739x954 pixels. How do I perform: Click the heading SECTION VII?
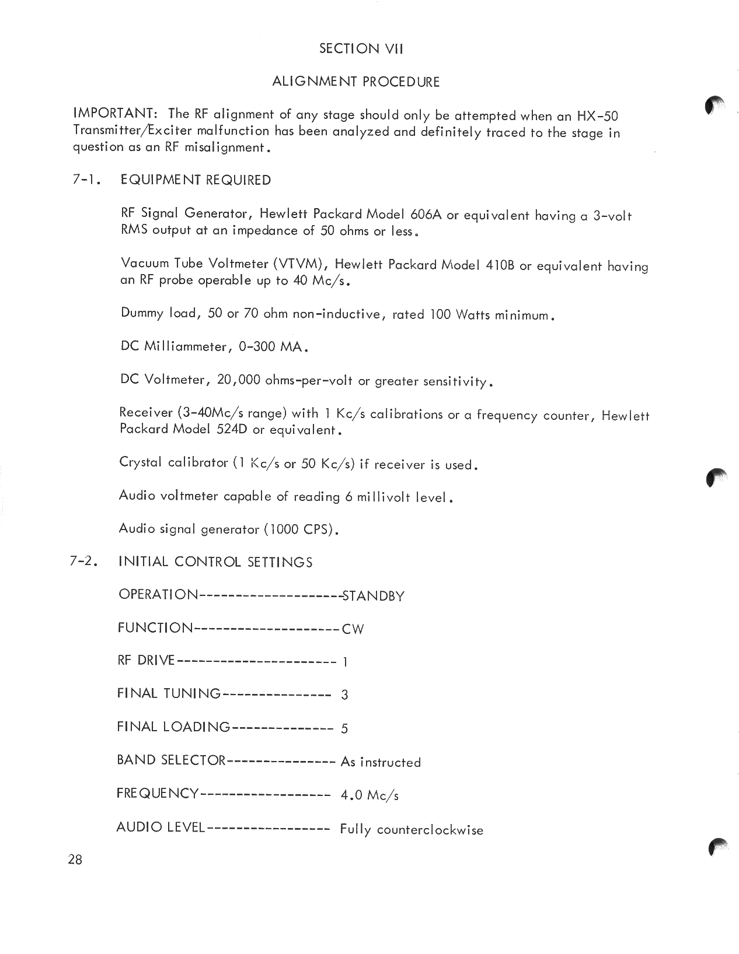click(x=361, y=49)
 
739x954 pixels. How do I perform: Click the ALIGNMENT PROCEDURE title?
click(x=356, y=82)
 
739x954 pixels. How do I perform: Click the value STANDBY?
click(x=374, y=597)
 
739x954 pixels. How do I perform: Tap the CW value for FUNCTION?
click(x=353, y=629)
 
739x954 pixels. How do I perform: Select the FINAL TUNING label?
click(x=169, y=694)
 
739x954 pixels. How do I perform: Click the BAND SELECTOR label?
click(x=171, y=760)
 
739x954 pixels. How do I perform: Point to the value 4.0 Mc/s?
click(x=370, y=795)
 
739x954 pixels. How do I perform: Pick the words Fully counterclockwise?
click(x=412, y=830)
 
